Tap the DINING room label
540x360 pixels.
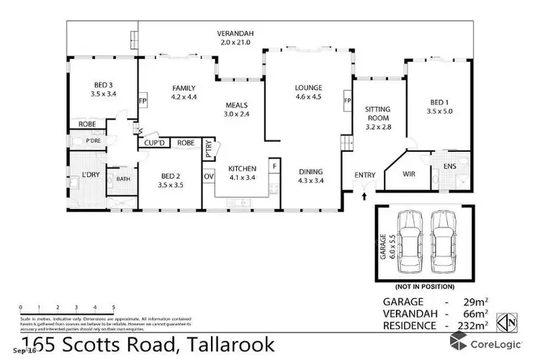point(312,171)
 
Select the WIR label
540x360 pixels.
point(408,173)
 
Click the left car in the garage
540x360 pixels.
point(408,246)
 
